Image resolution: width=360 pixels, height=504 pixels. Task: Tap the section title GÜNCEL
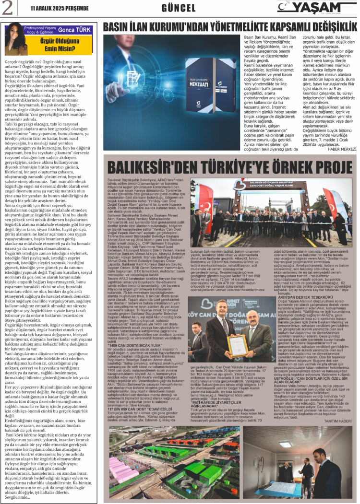pyautogui.click(x=178, y=8)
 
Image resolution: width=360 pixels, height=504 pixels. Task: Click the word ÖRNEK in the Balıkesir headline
pyautogui.click(x=268, y=167)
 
